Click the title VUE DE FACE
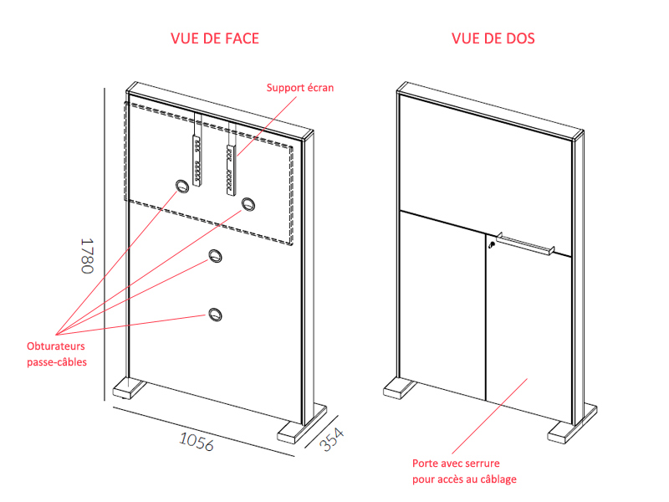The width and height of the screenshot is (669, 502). coord(215,38)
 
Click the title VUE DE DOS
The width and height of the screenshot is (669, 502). coord(493,38)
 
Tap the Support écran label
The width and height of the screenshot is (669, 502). coord(300,88)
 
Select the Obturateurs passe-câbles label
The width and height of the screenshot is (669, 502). coord(57,354)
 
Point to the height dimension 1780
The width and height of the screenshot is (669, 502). coord(87,256)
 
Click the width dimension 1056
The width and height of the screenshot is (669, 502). coord(197,442)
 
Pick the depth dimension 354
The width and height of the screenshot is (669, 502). coord(331,439)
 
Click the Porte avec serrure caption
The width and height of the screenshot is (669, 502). coord(464,471)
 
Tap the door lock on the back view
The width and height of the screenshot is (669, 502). coord(492,244)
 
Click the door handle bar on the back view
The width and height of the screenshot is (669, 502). coord(525,244)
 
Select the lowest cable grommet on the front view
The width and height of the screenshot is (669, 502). coord(216,315)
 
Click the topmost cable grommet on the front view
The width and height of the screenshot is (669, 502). coord(182,186)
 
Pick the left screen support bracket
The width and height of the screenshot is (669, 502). coord(197,160)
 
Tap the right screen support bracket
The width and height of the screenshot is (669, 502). coord(231,170)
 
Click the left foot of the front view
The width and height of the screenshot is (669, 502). coord(130,388)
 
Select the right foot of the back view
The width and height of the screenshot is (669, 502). coord(572,424)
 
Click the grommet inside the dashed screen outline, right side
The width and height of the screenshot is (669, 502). coord(248,204)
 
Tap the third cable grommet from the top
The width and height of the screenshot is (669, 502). coord(216,256)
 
